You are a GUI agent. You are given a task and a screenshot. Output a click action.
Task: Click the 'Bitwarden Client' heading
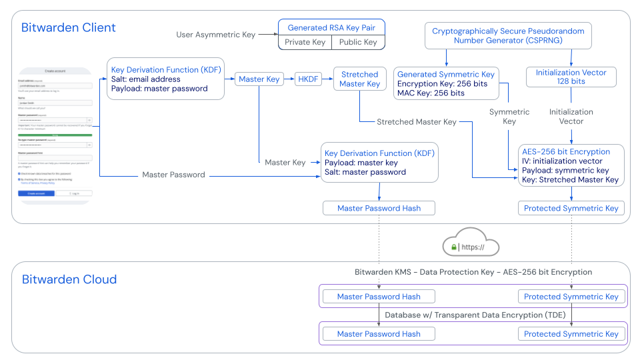point(69,28)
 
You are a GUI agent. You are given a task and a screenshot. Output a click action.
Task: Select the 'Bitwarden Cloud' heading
point(69,279)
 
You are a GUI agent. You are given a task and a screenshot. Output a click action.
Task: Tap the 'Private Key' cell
point(305,42)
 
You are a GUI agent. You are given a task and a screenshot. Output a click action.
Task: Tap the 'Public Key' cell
point(358,42)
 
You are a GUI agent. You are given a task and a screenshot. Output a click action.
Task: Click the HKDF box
point(308,79)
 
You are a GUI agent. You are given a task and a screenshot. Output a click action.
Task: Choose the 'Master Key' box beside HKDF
point(259,79)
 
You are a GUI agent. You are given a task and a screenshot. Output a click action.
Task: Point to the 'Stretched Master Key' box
point(359,79)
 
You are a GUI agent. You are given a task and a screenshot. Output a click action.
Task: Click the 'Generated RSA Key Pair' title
point(331,28)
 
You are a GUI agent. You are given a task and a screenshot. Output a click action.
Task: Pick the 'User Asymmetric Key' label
point(215,34)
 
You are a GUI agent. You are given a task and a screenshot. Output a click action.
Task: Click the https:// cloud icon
point(471,245)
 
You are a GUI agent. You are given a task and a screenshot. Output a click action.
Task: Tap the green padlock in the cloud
point(454,247)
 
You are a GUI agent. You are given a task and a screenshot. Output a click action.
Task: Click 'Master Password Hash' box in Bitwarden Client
point(379,208)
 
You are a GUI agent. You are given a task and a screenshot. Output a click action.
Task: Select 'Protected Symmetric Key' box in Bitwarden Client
point(571,208)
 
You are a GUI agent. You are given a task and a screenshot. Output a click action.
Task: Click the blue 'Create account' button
point(36,193)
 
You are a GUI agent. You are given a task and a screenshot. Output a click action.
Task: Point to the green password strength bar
point(55,135)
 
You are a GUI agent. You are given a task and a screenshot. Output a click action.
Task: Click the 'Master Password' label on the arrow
point(174,175)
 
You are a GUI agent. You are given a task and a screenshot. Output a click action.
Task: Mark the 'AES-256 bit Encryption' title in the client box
point(567,151)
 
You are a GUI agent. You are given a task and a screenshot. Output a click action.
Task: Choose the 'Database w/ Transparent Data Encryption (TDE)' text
point(473,315)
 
